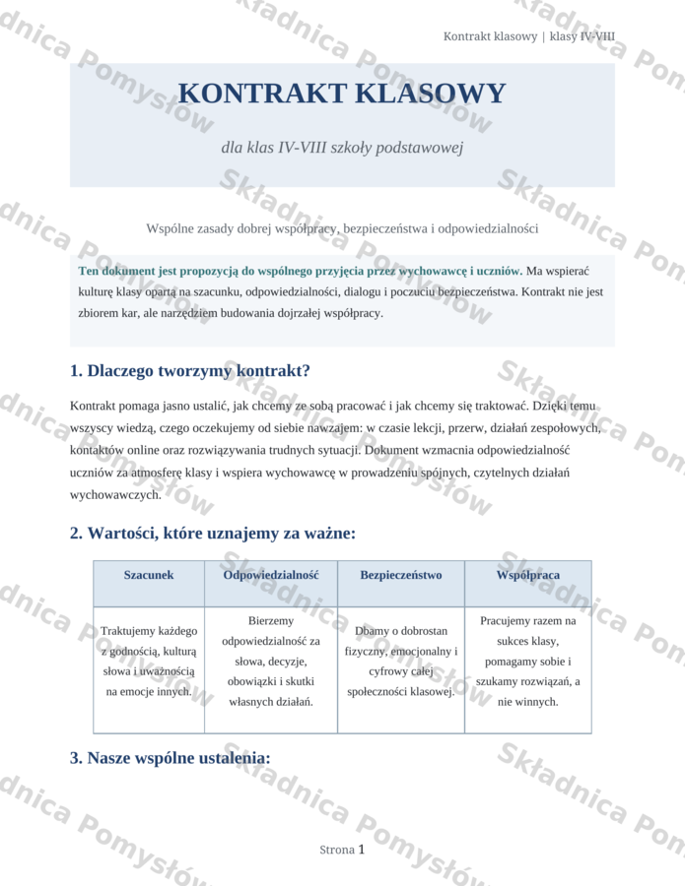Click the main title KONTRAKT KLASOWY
[x=342, y=94]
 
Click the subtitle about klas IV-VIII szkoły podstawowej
[x=342, y=148]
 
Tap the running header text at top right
[x=528, y=36]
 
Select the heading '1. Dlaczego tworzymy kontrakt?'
[x=190, y=371]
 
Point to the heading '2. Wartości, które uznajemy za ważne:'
[x=212, y=534]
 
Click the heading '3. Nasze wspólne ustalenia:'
[x=170, y=758]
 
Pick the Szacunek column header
[x=149, y=575]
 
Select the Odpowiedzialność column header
[x=271, y=575]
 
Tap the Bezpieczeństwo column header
[x=401, y=575]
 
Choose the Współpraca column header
[x=528, y=575]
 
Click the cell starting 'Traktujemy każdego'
[x=149, y=661]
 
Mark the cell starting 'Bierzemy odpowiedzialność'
[x=271, y=661]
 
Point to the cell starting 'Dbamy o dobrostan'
[x=401, y=661]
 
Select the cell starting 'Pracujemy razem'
[x=528, y=661]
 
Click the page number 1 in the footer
[x=362, y=849]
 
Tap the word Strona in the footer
[x=337, y=850]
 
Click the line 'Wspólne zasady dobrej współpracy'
[x=342, y=228]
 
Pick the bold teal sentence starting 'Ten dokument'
[x=300, y=271]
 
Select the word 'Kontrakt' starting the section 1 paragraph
[x=95, y=406]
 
